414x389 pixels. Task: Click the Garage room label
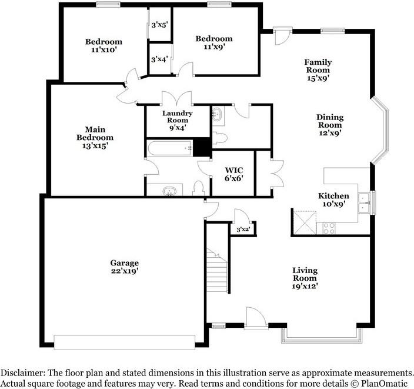(124, 267)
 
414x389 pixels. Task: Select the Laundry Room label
(177, 117)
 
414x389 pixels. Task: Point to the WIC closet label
(233, 175)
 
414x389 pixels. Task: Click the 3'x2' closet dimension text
(243, 230)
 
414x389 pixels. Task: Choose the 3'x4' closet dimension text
(159, 59)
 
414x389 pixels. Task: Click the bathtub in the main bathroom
(170, 148)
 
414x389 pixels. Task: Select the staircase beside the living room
(216, 271)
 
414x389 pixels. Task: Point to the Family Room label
(318, 69)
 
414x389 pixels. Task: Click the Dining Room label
(330, 125)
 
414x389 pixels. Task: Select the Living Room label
(305, 278)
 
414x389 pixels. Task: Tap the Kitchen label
(333, 200)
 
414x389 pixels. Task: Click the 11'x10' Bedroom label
(103, 45)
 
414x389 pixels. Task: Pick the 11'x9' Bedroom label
(213, 42)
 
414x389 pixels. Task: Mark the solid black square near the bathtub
(203, 147)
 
